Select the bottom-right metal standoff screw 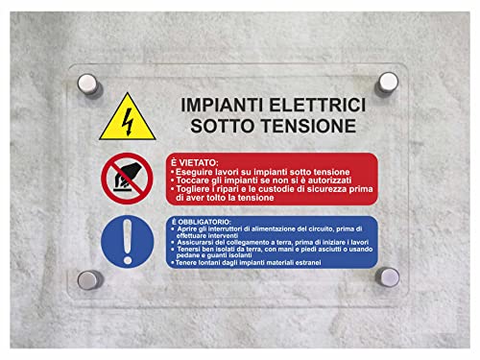pyautogui.click(x=388, y=279)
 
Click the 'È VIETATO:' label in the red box pyautogui.click(x=194, y=162)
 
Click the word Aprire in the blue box pyautogui.click(x=186, y=228)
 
